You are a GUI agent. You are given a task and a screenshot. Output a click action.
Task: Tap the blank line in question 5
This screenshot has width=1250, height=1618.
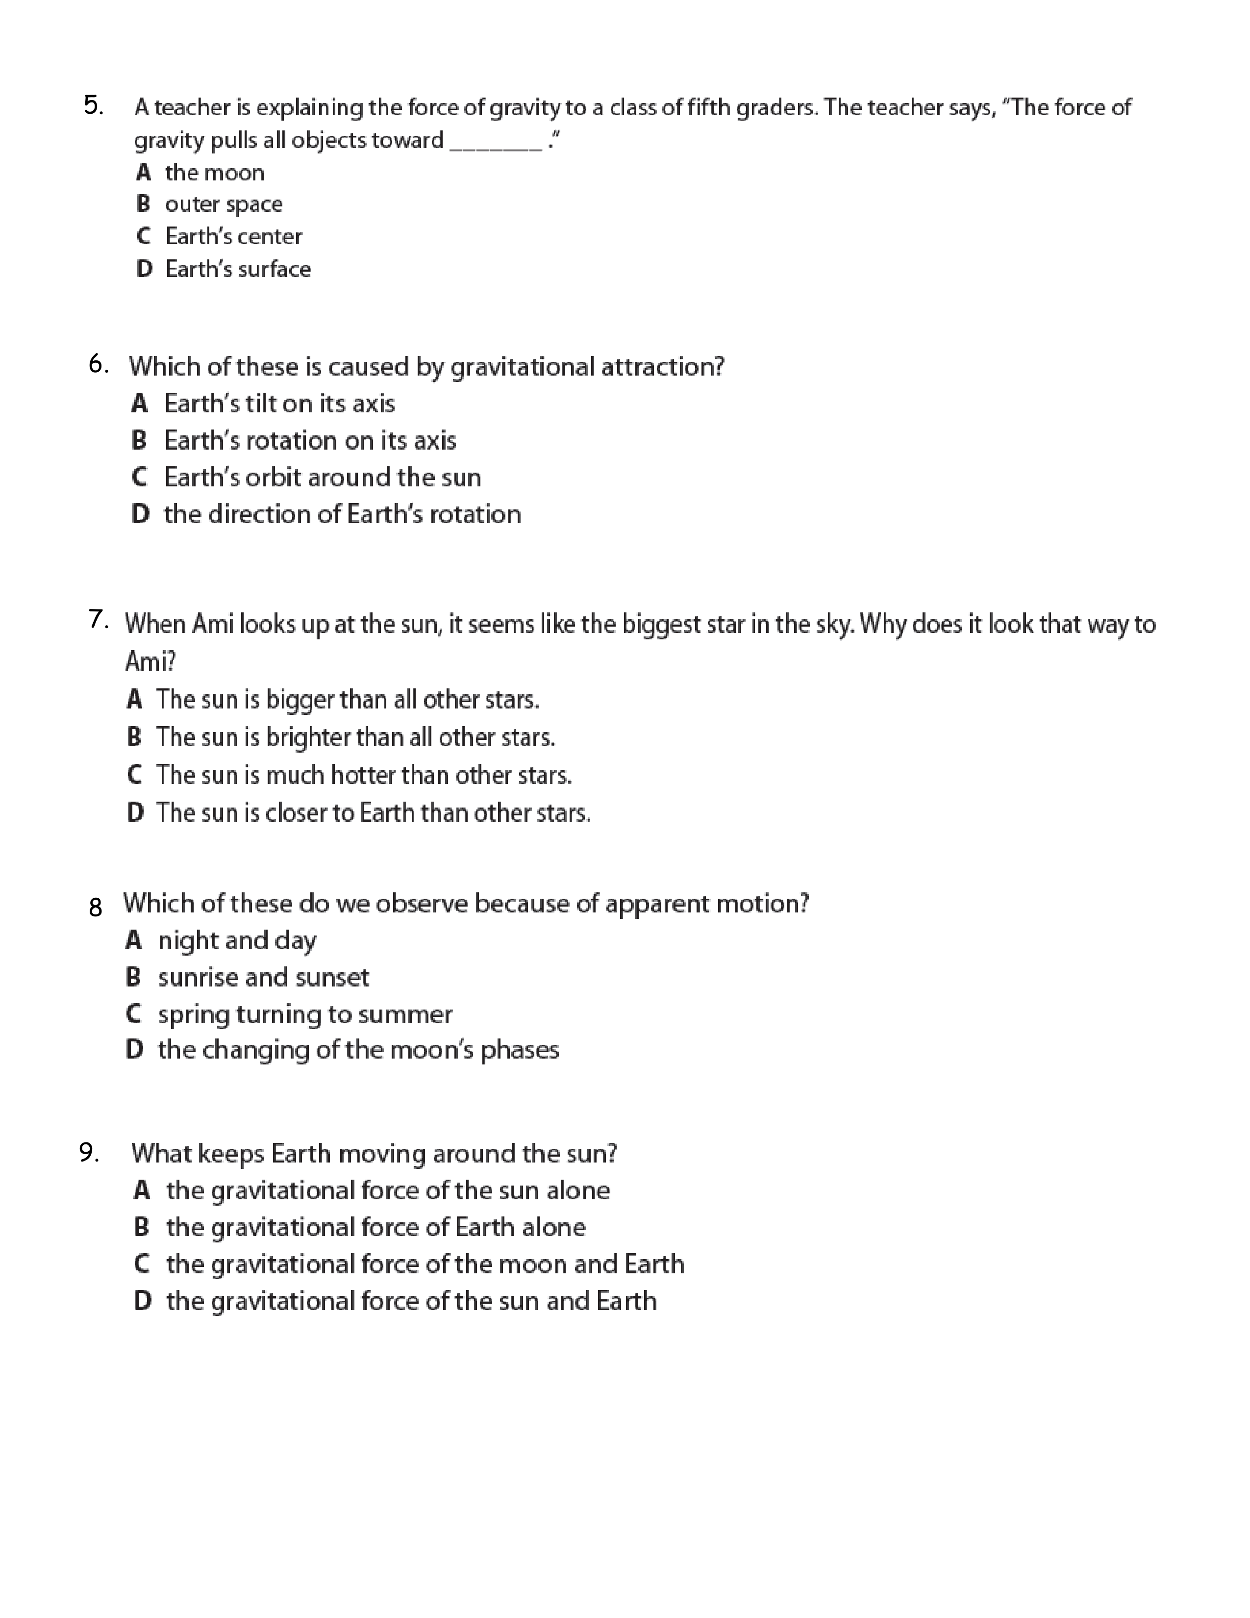[x=496, y=145]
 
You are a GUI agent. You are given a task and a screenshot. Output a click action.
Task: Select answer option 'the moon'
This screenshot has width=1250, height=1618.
[x=214, y=173]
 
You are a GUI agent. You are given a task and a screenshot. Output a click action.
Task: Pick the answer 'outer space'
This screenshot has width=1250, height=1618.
[x=223, y=204]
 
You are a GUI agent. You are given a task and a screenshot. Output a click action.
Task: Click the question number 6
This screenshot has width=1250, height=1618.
[x=99, y=364]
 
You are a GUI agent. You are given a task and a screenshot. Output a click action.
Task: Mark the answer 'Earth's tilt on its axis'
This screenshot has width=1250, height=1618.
[x=279, y=404]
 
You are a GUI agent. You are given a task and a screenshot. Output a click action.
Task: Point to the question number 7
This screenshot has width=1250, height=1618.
[x=99, y=619]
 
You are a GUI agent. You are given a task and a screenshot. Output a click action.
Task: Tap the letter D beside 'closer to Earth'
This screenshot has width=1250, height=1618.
[x=135, y=813]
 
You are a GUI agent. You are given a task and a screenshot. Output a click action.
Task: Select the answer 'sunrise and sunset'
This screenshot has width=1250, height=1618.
[x=263, y=978]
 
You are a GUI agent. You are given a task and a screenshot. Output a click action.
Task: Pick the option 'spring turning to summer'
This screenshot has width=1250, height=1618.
[x=304, y=1014]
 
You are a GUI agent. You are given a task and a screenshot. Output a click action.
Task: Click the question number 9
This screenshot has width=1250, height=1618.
[x=89, y=1152]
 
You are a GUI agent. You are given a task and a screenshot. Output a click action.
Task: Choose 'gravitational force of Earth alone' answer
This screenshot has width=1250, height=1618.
[x=375, y=1228]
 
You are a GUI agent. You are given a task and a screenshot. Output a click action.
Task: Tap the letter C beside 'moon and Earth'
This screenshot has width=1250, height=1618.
[x=142, y=1264]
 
